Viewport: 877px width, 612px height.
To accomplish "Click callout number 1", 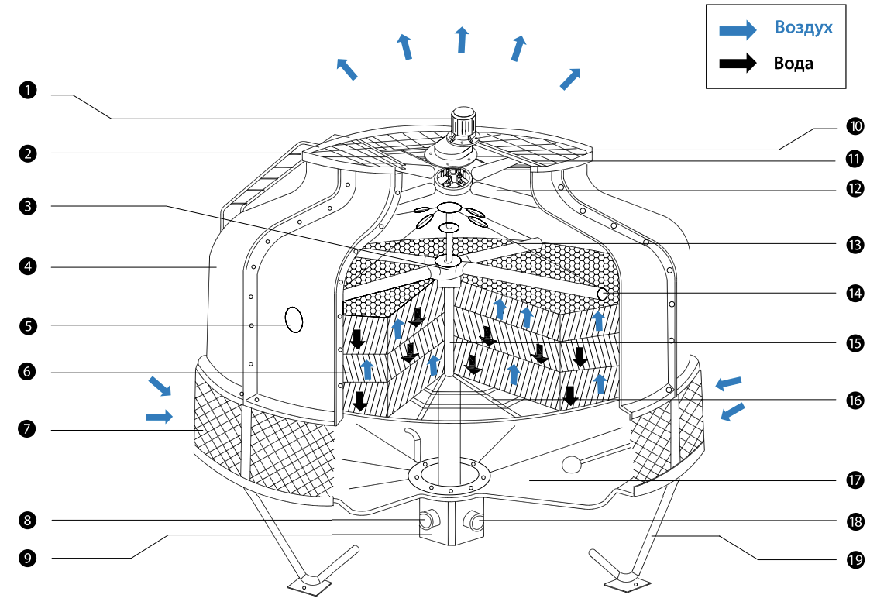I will (28, 91).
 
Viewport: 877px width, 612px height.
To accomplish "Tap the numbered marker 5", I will (28, 325).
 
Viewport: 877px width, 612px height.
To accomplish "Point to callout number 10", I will (855, 125).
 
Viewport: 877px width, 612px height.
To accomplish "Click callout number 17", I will (855, 480).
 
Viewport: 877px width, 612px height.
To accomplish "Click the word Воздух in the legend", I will (803, 28).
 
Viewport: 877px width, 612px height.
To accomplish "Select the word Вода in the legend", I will (793, 64).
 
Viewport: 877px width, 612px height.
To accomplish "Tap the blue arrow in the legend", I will (737, 29).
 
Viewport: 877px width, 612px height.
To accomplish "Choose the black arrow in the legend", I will (737, 64).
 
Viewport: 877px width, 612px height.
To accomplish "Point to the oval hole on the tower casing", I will (294, 318).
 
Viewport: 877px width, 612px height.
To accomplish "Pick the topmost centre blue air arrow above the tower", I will (462, 39).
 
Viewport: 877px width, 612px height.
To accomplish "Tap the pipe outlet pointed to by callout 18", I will (475, 522).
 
